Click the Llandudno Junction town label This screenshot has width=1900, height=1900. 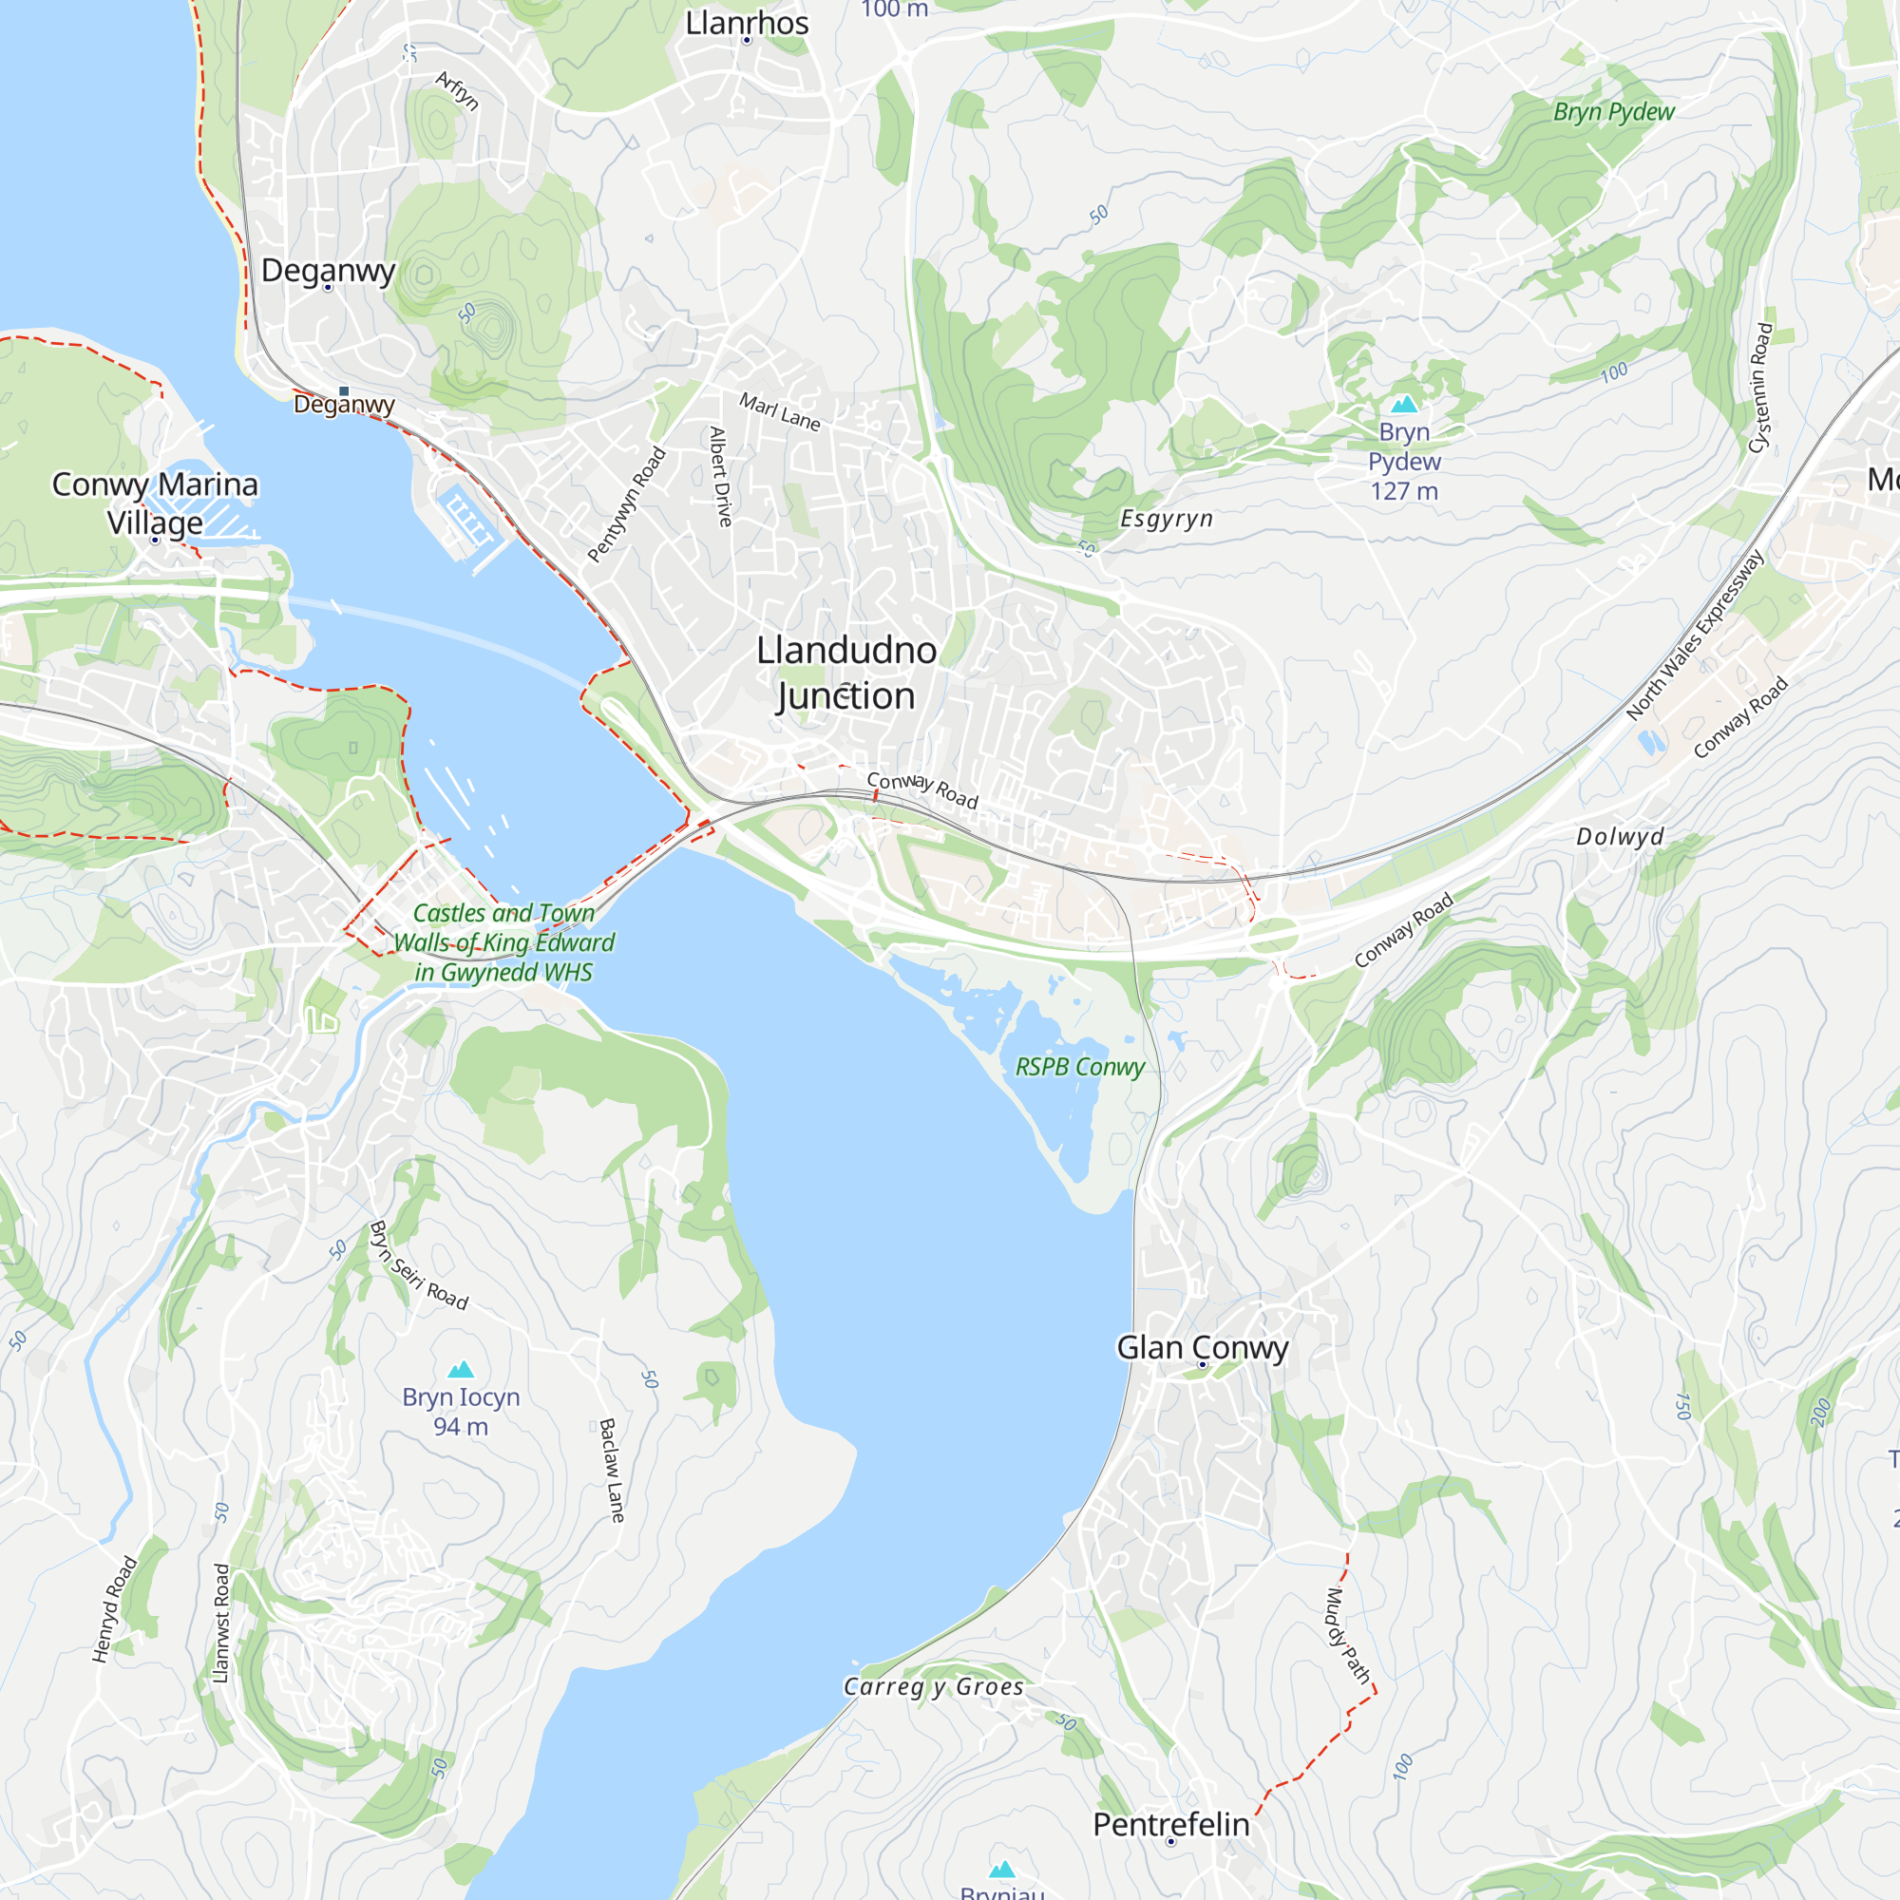[x=845, y=673]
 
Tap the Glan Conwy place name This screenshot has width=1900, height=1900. [x=1202, y=1347]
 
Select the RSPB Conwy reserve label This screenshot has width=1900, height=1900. [x=1080, y=1067]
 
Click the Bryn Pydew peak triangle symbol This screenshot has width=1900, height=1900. [x=1404, y=403]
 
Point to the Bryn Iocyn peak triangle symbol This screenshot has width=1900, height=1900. [x=462, y=1369]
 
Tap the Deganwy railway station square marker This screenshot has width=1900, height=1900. [x=344, y=390]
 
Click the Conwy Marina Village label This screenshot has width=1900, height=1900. [x=156, y=503]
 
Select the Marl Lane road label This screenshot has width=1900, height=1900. [x=780, y=412]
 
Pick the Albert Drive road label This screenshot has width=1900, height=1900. [x=721, y=476]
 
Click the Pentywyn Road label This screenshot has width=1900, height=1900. [x=626, y=505]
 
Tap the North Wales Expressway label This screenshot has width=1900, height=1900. [x=1695, y=635]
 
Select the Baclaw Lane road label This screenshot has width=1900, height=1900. [x=612, y=1471]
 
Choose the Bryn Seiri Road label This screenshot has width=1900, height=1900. [x=419, y=1265]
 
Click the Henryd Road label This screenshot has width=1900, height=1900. [x=114, y=1609]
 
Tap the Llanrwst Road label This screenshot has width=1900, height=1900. [x=221, y=1624]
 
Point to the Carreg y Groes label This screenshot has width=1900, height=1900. [x=933, y=1686]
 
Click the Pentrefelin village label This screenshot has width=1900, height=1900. [x=1170, y=1824]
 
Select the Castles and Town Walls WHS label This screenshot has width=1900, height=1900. [x=503, y=942]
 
